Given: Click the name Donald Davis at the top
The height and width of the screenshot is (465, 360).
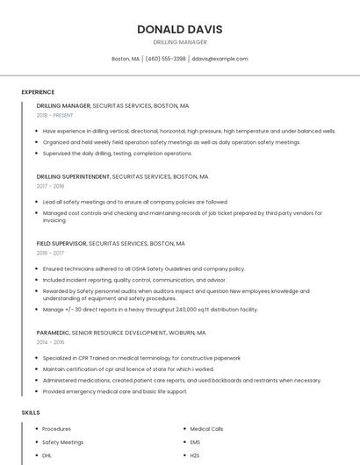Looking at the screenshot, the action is tap(179, 29).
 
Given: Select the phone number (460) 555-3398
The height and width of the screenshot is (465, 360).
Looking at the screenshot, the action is tap(166, 59).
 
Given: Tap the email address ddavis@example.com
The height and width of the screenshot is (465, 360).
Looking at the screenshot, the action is tap(220, 59).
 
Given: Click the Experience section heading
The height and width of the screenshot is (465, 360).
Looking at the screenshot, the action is tap(38, 92).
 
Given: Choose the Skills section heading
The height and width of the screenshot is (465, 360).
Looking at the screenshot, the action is tap(31, 412).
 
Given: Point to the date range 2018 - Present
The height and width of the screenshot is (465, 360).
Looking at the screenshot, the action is tap(54, 115).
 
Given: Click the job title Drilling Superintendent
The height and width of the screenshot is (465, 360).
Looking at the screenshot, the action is tap(74, 176).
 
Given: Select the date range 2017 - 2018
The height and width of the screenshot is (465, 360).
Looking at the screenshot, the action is tap(50, 186).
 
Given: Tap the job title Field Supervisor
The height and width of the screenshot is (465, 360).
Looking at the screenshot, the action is tap(61, 243).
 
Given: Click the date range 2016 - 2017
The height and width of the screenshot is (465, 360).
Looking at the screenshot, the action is tap(50, 253).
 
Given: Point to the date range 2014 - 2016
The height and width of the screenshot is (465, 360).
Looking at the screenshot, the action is tap(50, 343).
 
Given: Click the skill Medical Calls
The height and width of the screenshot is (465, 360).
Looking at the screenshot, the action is tap(206, 429).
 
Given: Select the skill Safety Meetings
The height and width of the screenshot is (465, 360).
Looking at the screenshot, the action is tap(62, 442).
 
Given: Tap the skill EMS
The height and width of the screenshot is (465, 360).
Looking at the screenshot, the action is tap(195, 442).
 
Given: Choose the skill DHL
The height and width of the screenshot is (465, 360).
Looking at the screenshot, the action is tap(47, 456).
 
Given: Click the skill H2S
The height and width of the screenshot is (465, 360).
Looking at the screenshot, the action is tap(195, 456).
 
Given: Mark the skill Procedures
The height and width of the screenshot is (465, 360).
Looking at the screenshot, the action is tap(57, 429).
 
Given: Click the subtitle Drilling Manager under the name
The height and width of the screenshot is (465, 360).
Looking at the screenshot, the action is tap(179, 42).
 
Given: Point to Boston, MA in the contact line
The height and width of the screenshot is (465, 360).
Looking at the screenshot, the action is tap(125, 59).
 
